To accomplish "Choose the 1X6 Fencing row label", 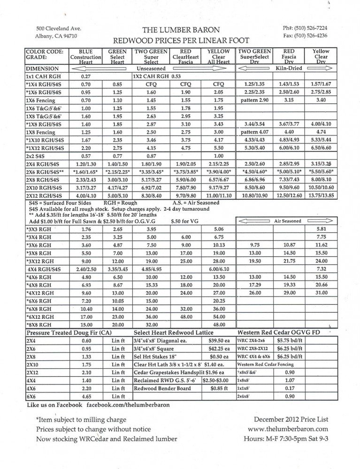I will pyautogui.click(x=41, y=100).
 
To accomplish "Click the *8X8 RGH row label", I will pyautogui.click(x=40, y=325).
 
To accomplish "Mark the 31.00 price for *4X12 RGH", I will pyautogui.click(x=322, y=292).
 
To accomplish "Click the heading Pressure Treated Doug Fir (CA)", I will pyautogui.click(x=68, y=333).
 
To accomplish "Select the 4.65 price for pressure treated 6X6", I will pyautogui.click(x=86, y=396).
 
